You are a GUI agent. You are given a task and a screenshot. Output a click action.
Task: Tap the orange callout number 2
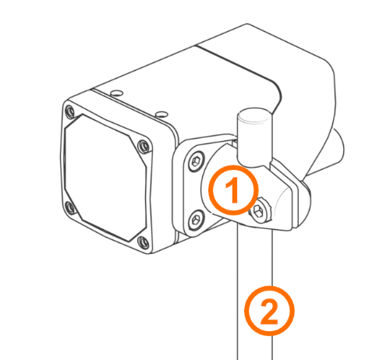point(269,311)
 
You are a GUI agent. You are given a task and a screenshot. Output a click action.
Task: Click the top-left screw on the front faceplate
point(70,112)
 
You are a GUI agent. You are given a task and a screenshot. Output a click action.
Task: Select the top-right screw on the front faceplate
point(144,146)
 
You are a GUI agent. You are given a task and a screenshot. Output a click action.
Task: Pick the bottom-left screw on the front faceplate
point(70,208)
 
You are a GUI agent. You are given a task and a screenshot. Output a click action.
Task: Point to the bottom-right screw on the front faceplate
point(144,242)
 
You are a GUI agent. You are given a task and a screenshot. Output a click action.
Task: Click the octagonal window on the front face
point(105,177)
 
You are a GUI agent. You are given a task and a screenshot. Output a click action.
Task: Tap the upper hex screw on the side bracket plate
point(197,161)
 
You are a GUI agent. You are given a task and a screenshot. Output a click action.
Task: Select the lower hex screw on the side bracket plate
point(196,220)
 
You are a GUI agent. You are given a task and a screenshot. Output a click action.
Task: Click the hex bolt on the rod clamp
point(260,210)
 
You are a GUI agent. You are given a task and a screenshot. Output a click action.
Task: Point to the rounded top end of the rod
point(254,115)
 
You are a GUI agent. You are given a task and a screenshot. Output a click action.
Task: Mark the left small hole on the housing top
point(116,93)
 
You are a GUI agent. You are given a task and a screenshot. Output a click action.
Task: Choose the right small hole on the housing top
point(161,114)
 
